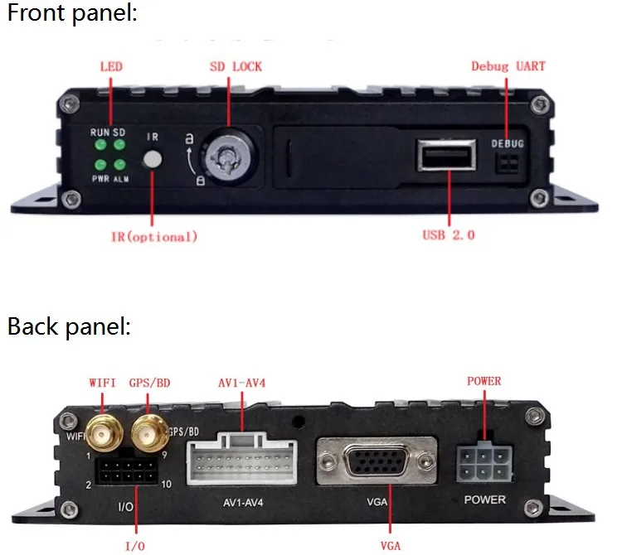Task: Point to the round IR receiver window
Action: click(x=153, y=159)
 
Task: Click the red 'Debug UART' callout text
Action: click(x=508, y=66)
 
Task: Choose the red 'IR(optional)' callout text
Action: click(x=154, y=237)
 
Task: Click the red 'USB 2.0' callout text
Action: click(x=449, y=235)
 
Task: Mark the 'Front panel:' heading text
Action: click(x=72, y=14)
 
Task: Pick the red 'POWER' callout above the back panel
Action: click(x=484, y=382)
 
